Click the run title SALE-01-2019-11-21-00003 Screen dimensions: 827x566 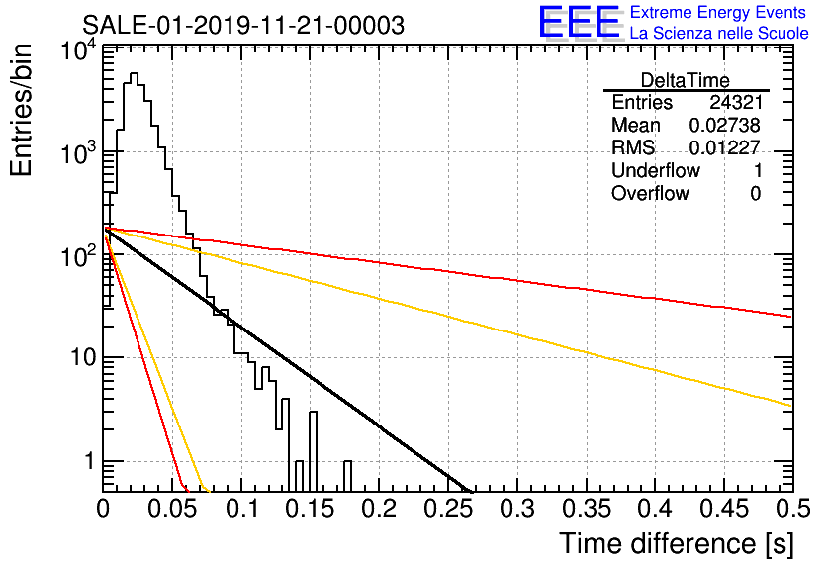(x=243, y=25)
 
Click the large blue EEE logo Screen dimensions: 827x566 (x=579, y=22)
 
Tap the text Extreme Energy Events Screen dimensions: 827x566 (x=718, y=12)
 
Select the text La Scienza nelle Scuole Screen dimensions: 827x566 (x=719, y=33)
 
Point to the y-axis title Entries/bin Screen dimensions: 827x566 (x=21, y=111)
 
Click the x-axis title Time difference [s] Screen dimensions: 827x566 (x=677, y=543)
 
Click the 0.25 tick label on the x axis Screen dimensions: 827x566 (x=449, y=509)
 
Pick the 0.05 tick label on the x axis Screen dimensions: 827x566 (x=172, y=509)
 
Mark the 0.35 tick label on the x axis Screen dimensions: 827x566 (x=587, y=509)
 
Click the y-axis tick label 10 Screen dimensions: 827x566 (x=83, y=358)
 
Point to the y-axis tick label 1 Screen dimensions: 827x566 (x=89, y=461)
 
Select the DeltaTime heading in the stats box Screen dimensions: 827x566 (x=686, y=80)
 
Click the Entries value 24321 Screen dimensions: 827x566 (x=736, y=102)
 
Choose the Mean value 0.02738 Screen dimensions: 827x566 (x=725, y=125)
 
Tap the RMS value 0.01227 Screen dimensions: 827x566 (x=725, y=147)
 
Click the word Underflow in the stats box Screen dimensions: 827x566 (x=656, y=170)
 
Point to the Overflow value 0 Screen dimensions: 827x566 (x=756, y=194)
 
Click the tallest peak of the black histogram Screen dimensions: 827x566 (x=134, y=74)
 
